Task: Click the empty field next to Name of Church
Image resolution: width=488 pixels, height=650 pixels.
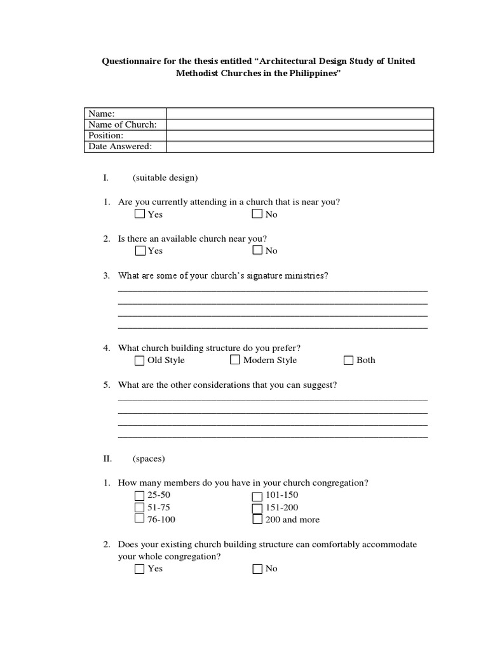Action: pos(299,124)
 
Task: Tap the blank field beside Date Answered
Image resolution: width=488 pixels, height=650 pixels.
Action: pos(299,147)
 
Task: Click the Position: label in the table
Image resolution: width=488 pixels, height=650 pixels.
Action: pos(106,135)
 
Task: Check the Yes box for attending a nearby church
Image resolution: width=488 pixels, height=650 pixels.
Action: pos(140,214)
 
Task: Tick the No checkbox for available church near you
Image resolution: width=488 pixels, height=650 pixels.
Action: pos(257,250)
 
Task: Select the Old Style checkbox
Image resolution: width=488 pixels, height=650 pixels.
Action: pos(140,361)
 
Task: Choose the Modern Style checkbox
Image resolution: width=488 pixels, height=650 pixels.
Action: pos(235,360)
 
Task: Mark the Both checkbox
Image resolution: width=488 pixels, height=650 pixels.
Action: pos(348,361)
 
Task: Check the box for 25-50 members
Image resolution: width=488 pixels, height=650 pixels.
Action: pos(140,496)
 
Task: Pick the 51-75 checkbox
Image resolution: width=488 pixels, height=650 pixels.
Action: pos(140,508)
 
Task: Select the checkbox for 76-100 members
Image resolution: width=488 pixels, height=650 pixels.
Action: pos(140,519)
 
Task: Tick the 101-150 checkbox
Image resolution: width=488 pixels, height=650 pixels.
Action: pos(257,496)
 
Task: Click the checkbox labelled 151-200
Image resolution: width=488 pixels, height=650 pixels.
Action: pos(257,508)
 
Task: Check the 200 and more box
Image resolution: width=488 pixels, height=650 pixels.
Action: pos(257,519)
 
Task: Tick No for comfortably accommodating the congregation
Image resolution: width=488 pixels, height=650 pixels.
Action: pos(257,569)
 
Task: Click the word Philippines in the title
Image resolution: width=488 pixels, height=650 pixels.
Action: pos(308,74)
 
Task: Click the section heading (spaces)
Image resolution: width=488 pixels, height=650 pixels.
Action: pos(149,458)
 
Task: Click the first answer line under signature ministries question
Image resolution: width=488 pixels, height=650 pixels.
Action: pos(273,290)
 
